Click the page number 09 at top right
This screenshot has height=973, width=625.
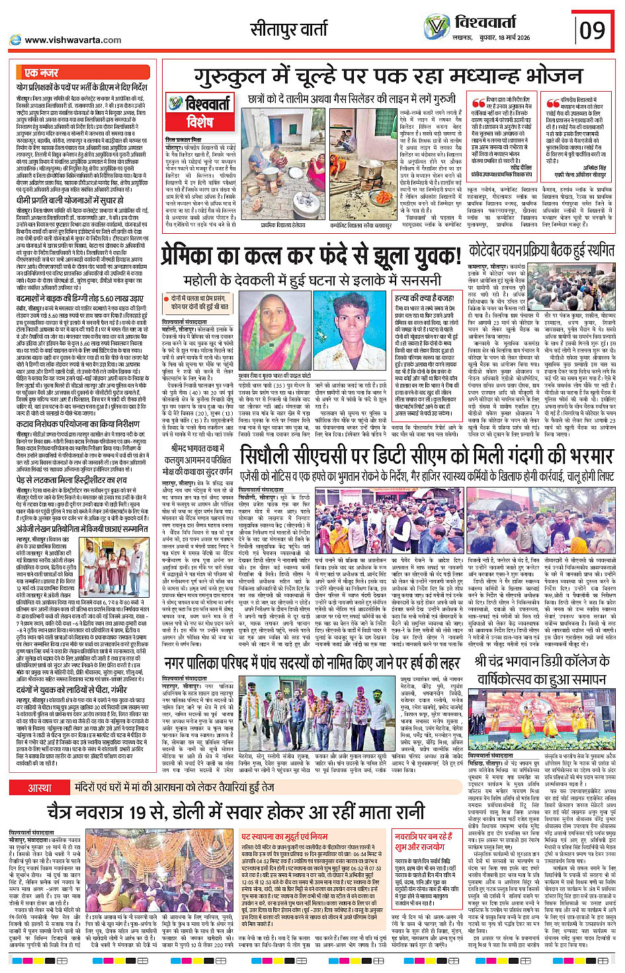click(x=592, y=30)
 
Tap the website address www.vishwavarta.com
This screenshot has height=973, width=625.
click(x=72, y=40)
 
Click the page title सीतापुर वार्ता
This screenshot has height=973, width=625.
click(x=288, y=29)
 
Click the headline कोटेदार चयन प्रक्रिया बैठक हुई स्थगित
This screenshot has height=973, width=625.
click(x=541, y=251)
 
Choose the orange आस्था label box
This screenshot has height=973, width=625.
click(x=40, y=787)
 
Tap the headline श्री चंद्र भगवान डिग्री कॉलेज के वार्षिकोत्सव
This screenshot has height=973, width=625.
click(x=542, y=668)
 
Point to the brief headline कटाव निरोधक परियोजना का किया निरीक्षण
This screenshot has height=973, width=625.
click(x=78, y=424)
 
